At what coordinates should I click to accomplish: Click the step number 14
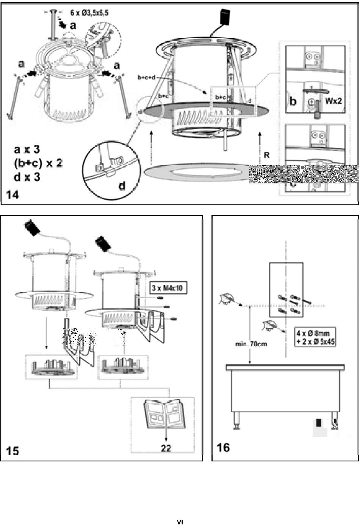[12, 195]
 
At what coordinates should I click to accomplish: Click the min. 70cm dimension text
[251, 344]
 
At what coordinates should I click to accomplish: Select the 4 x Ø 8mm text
[313, 333]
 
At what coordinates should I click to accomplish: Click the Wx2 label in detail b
[333, 101]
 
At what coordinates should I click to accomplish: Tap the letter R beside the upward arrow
[267, 155]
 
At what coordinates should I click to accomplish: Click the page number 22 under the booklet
[166, 448]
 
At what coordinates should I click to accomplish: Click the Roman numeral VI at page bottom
[180, 522]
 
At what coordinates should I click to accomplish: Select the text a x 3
[27, 149]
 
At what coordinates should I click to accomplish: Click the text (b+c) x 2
[38, 163]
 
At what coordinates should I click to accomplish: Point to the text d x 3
[27, 177]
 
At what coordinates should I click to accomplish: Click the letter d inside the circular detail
[122, 186]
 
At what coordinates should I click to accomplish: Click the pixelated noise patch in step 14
[303, 174]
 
